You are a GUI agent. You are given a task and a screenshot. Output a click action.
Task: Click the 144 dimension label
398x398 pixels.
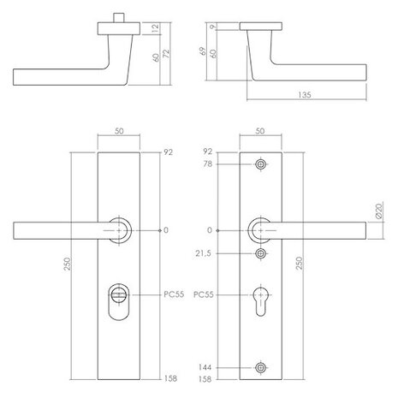[205, 368]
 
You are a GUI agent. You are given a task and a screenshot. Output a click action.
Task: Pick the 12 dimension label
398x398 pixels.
[154, 30]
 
